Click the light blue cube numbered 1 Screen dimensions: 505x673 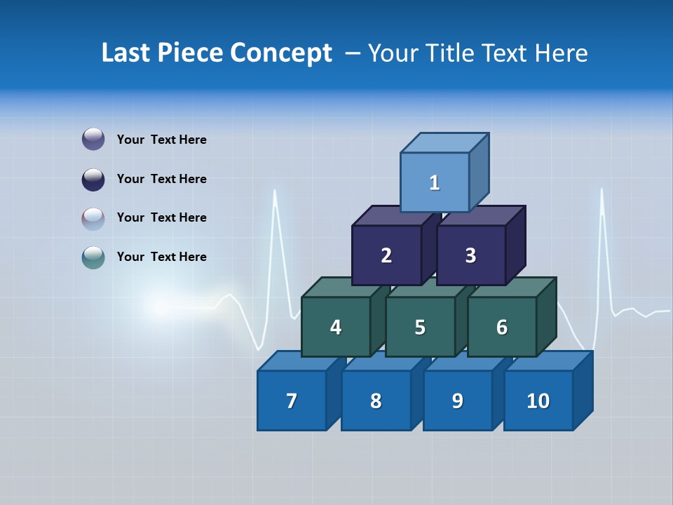[x=435, y=182]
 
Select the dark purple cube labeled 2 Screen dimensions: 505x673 [x=386, y=255]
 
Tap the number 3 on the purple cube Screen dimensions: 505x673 [x=470, y=256]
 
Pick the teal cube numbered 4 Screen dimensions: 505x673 [x=336, y=327]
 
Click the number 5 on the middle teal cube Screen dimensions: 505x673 [x=419, y=328]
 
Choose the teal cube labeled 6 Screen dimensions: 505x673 [x=501, y=327]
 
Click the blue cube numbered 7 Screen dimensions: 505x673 [x=292, y=400]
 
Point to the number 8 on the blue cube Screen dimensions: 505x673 [x=376, y=401]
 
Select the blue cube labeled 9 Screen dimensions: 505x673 [x=457, y=400]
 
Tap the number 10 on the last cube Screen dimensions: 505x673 [x=538, y=401]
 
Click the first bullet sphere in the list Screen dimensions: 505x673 [x=93, y=140]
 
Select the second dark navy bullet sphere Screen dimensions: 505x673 [x=93, y=179]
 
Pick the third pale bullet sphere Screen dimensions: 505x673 [x=93, y=218]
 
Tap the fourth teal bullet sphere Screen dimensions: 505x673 [x=93, y=257]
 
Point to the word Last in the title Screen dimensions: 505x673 [x=127, y=53]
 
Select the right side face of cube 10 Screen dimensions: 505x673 [x=583, y=391]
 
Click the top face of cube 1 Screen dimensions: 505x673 [x=444, y=142]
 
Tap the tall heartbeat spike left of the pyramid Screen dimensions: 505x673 [x=275, y=210]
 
